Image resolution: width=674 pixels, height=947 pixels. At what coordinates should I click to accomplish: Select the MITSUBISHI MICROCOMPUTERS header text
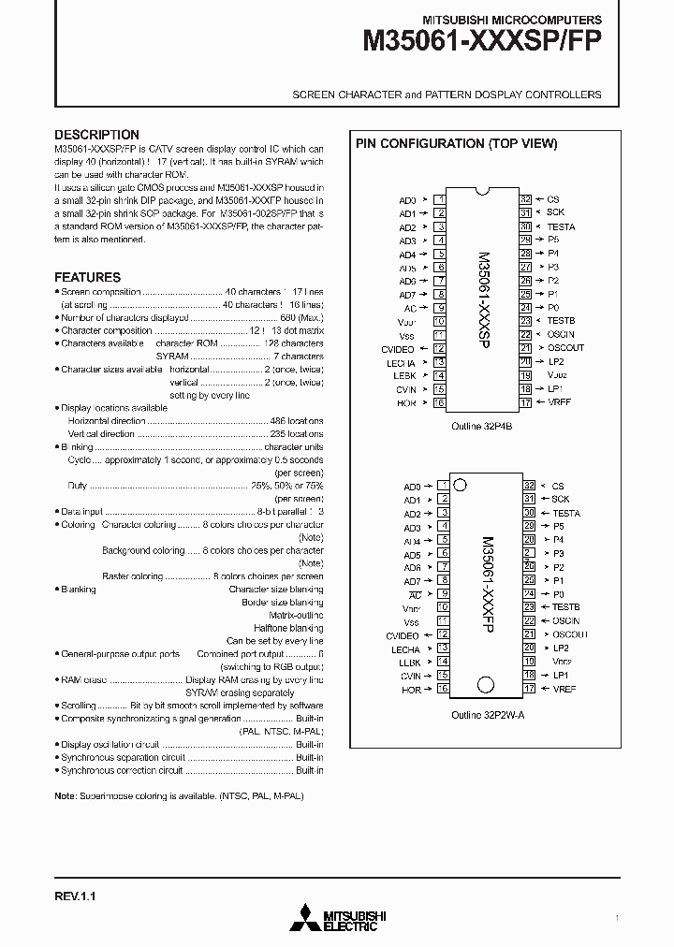pyautogui.click(x=512, y=19)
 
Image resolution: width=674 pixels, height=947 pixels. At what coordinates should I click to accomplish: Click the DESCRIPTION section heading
pyautogui.click(x=96, y=135)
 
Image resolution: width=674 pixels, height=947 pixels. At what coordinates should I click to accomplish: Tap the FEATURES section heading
pyautogui.click(x=87, y=277)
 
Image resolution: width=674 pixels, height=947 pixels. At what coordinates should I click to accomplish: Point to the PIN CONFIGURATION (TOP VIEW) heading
pyautogui.click(x=455, y=143)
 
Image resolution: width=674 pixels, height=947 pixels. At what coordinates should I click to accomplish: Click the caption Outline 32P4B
pyautogui.click(x=482, y=426)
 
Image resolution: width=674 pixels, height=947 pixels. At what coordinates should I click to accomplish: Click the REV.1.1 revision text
pyautogui.click(x=75, y=896)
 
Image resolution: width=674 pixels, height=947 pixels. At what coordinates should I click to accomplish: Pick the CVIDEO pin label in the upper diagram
pyautogui.click(x=399, y=348)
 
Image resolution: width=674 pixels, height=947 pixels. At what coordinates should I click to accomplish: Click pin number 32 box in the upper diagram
pyautogui.click(x=526, y=199)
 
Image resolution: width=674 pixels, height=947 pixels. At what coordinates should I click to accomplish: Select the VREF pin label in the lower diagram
pyautogui.click(x=564, y=689)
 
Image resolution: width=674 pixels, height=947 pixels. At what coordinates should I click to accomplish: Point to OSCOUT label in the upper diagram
pyautogui.click(x=565, y=348)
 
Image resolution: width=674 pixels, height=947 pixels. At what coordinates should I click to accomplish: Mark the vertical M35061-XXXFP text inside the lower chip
pyautogui.click(x=484, y=586)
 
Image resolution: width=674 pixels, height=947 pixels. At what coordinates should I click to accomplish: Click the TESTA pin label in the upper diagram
pyautogui.click(x=561, y=226)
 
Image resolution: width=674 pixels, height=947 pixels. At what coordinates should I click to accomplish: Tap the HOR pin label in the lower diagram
pyautogui.click(x=410, y=690)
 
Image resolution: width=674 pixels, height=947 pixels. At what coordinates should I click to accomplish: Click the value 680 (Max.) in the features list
pyautogui.click(x=300, y=317)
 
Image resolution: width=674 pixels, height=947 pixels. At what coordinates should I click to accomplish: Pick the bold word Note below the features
pyautogui.click(x=65, y=795)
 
